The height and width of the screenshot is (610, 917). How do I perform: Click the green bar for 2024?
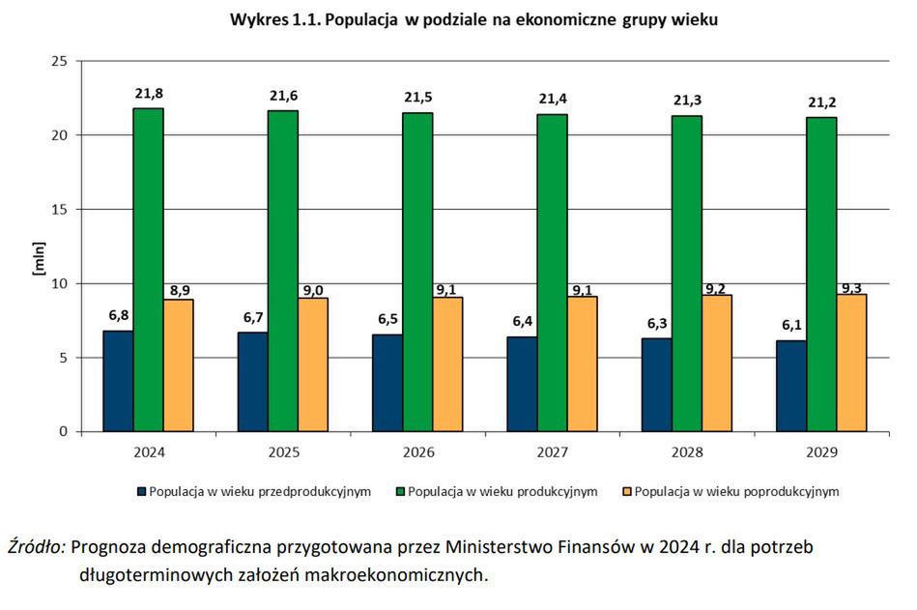148,270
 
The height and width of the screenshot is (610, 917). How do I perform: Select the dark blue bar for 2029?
791,386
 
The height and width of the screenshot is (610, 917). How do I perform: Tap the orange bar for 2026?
447,363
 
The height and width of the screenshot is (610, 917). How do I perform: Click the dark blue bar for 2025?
252,381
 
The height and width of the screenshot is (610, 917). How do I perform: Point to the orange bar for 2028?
716,363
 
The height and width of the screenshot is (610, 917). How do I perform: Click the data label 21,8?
148,93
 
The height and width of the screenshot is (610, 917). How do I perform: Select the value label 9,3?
851,288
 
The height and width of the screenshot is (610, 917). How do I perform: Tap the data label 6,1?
791,326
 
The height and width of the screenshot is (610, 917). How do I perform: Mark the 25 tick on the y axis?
60,61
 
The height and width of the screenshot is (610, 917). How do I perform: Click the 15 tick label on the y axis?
60,210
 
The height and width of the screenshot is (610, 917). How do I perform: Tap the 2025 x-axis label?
283,452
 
